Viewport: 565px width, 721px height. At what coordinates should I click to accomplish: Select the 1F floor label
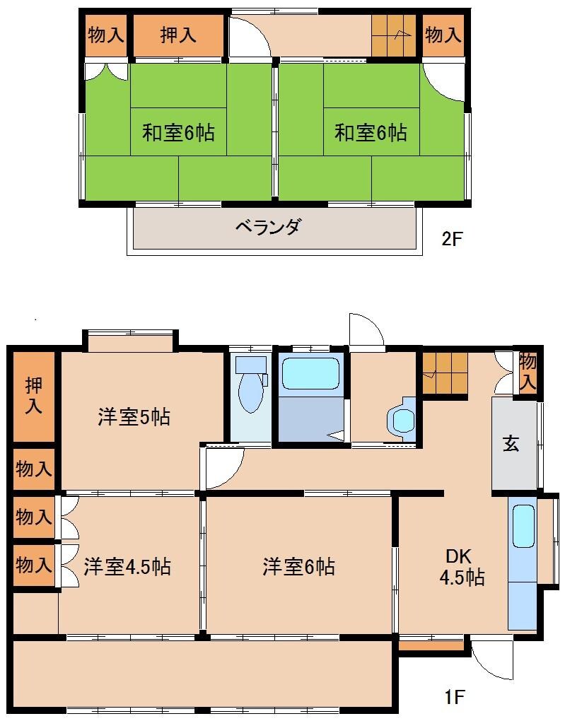pyautogui.click(x=454, y=698)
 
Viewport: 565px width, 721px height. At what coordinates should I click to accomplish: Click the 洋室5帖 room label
pyautogui.click(x=134, y=417)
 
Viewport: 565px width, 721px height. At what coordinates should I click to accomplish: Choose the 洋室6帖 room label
pyautogui.click(x=298, y=566)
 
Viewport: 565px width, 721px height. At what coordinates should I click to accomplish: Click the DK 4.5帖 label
pyautogui.click(x=462, y=566)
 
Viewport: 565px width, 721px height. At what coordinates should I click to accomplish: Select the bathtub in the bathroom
pyautogui.click(x=310, y=373)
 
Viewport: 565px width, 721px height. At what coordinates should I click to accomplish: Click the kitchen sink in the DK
pyautogui.click(x=523, y=526)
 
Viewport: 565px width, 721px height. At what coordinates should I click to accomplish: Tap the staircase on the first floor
pyautogui.click(x=445, y=373)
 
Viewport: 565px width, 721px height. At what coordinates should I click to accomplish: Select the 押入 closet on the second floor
pyautogui.click(x=177, y=35)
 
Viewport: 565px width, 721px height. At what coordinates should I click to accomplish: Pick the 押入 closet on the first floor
pyautogui.click(x=33, y=396)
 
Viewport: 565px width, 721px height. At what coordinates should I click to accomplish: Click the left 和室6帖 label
pyautogui.click(x=178, y=132)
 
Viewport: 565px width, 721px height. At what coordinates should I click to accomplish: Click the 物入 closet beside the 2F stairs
pyautogui.click(x=443, y=35)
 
